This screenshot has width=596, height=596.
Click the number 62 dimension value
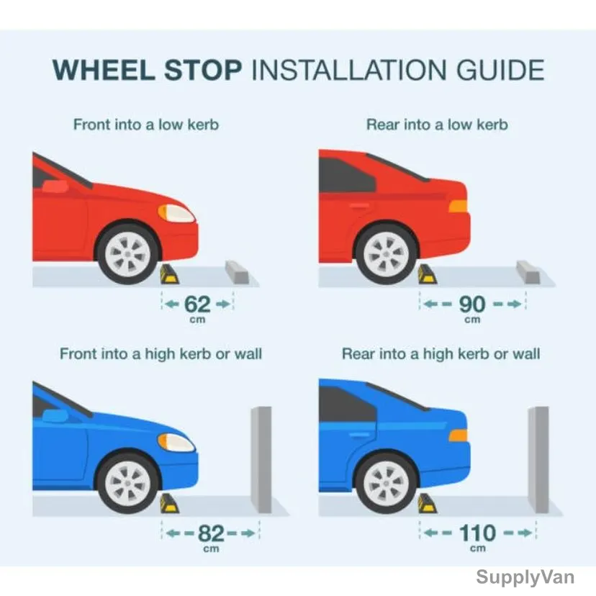197,304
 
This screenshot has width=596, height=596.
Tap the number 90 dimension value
472,304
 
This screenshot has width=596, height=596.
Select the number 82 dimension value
211,533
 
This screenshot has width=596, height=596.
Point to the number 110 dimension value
477,533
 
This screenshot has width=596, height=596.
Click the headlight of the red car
176,213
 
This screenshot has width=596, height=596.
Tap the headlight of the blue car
176,443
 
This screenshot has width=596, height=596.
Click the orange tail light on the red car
458,206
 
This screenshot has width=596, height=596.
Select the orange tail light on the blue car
458,435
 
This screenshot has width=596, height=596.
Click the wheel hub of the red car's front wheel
127,254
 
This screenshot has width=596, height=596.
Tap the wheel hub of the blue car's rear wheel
387,484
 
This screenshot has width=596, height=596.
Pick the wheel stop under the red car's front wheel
169,274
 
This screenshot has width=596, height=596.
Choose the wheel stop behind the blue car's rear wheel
428,504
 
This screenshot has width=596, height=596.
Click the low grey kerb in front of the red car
237,272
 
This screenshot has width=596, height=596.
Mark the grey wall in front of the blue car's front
261,459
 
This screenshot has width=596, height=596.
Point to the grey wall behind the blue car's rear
538,459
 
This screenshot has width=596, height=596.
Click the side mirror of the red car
55,186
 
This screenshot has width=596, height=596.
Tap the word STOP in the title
203,70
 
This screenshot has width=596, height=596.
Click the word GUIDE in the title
500,70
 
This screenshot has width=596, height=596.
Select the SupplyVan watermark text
525,577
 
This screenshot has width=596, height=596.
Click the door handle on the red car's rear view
359,206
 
